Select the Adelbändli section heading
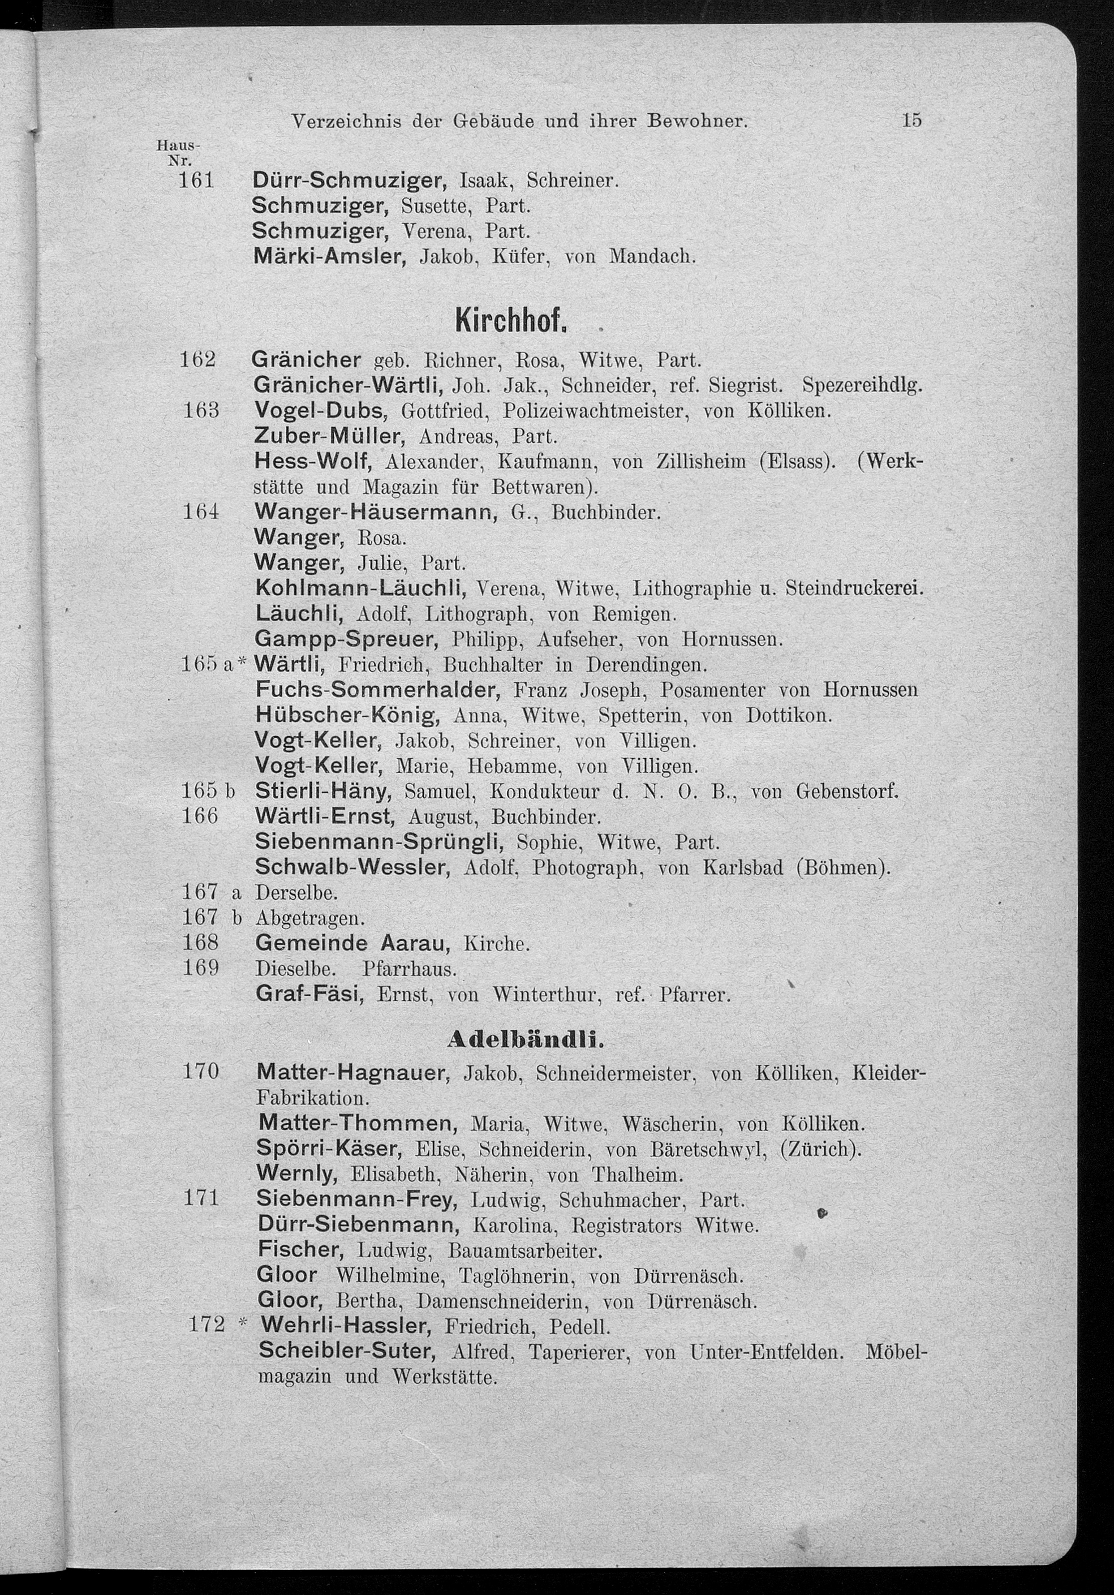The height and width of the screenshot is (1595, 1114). [522, 1040]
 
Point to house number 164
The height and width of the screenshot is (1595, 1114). [200, 511]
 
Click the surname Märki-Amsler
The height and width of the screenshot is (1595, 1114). [330, 256]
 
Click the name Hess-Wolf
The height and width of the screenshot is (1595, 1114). [315, 461]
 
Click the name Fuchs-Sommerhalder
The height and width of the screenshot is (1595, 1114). [378, 690]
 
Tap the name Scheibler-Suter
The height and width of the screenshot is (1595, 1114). [347, 1351]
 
